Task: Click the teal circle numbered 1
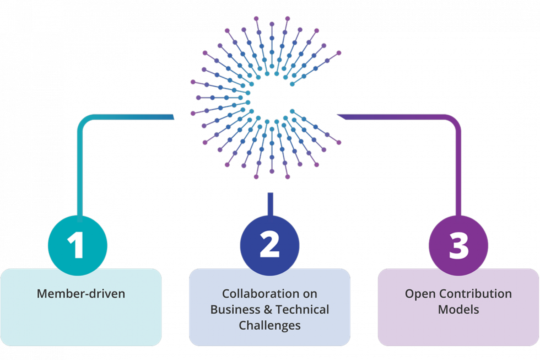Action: [x=78, y=245]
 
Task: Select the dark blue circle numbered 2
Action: [x=269, y=245]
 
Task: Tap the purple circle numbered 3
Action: [x=458, y=245]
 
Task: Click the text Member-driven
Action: [x=81, y=294]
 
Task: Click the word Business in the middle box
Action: [x=235, y=309]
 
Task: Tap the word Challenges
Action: [x=269, y=325]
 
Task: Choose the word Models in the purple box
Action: [x=458, y=309]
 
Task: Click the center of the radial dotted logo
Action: [x=266, y=98]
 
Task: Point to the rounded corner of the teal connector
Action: [x=84, y=122]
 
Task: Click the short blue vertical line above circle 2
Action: [x=270, y=202]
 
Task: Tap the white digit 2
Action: [x=269, y=245]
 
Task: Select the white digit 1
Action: [x=77, y=245]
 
